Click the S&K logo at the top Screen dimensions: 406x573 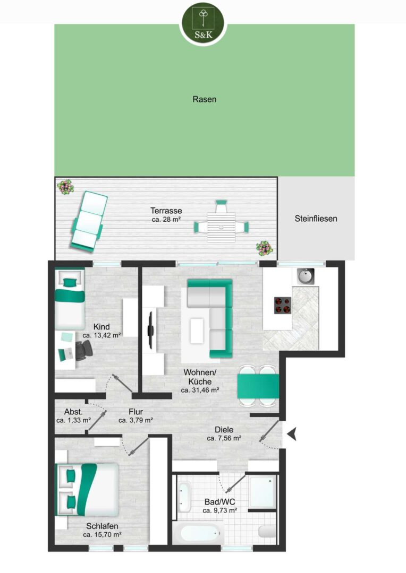204,23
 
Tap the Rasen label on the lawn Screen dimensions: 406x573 204,99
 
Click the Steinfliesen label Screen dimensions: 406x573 316,219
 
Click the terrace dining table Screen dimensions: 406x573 221,227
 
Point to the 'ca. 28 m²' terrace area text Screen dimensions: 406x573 166,220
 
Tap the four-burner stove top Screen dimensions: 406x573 283,306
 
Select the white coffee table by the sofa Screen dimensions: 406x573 197,331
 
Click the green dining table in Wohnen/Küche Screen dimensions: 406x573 258,386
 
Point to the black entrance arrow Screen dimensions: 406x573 291,434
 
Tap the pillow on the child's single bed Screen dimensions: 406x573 70,282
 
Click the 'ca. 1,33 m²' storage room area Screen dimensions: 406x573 73,420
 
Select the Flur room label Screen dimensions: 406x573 136,412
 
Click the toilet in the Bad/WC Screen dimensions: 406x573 267,531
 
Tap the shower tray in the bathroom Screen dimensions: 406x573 263,491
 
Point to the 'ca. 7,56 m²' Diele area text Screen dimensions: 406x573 224,438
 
